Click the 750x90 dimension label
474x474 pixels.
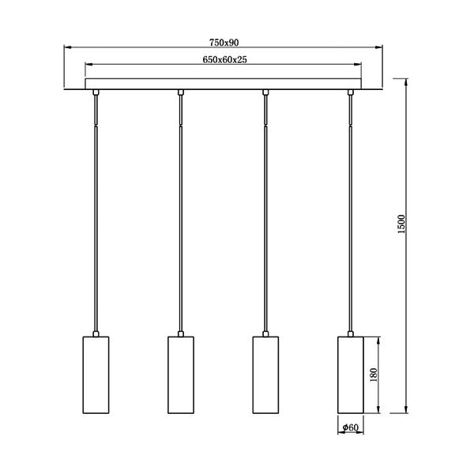coord(224,43)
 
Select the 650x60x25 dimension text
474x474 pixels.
coord(224,60)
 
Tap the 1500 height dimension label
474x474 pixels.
coord(401,224)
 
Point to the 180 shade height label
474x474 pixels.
coord(374,374)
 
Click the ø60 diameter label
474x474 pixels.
coord(350,427)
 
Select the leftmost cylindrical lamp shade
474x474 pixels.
coord(96,374)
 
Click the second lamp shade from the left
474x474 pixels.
coord(181,374)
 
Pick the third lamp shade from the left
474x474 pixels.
coord(265,374)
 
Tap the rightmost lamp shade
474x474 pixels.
coord(350,374)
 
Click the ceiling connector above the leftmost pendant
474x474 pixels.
coord(96,92)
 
